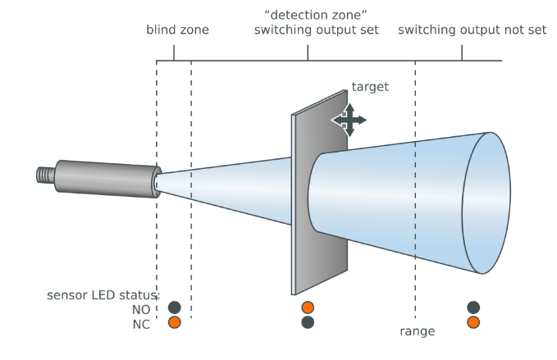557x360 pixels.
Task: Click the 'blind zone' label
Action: pos(177,30)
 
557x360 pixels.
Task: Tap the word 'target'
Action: pos(369,86)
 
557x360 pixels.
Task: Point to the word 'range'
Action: pos(417,331)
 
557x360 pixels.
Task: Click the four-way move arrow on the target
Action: pos(349,120)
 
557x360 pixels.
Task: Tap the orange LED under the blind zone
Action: pos(174,322)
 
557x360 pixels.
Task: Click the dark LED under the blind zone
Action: pos(174,308)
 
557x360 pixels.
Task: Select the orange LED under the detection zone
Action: pos(308,308)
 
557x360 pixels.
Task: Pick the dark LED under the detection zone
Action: pos(308,322)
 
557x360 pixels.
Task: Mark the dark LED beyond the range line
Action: pos(473,308)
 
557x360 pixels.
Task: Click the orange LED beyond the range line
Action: pos(473,322)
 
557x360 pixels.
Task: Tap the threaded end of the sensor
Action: pos(46,174)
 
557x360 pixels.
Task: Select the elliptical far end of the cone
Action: pos(487,203)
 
